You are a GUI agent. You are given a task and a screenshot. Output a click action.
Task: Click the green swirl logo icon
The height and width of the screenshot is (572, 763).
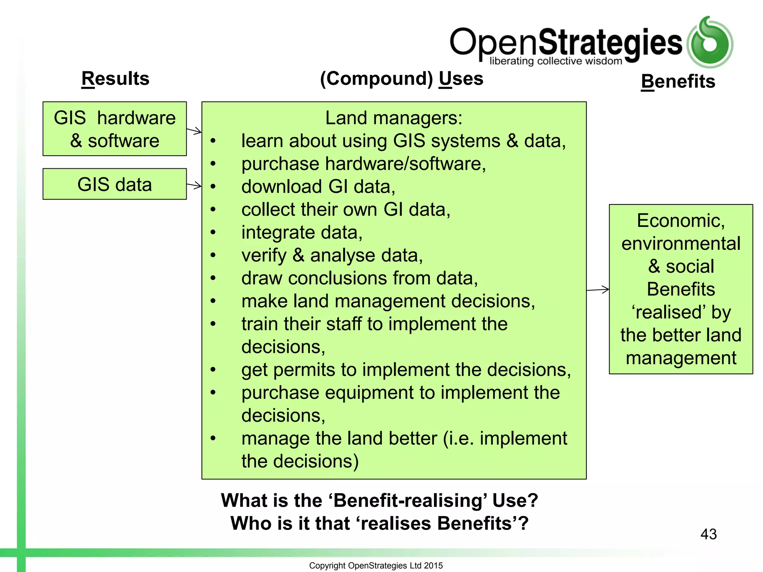710,42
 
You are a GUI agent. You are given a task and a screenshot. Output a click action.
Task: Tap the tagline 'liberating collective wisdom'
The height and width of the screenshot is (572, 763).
555,61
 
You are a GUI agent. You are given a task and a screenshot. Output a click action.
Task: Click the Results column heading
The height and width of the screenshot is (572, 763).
115,79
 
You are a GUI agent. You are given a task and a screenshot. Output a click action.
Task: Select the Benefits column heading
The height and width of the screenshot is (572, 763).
678,81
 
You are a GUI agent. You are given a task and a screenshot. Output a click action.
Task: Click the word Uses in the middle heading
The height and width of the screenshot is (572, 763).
461,79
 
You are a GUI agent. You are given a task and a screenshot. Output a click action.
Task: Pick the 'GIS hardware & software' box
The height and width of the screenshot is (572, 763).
115,129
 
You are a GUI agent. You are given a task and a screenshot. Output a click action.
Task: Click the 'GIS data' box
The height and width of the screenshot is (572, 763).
115,184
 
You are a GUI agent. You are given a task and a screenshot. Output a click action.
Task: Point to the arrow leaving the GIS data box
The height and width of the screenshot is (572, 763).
194,185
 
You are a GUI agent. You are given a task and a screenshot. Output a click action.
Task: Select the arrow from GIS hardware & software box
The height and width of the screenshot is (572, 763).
194,131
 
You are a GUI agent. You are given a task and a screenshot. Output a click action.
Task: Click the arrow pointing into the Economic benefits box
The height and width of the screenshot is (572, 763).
598,289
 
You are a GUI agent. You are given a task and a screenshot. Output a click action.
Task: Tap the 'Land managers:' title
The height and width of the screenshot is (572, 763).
394,118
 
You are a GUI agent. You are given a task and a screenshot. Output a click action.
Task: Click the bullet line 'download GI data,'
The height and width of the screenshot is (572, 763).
318,187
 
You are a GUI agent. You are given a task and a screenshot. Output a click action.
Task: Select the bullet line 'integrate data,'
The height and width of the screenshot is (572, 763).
302,232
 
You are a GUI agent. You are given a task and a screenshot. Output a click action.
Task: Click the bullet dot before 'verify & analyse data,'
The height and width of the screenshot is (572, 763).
213,255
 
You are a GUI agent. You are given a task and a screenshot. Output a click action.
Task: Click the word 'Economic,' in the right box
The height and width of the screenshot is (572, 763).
681,220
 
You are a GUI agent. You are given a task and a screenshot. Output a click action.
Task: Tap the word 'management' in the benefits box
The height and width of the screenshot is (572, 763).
681,358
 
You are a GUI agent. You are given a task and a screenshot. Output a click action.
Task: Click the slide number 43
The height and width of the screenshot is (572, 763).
708,534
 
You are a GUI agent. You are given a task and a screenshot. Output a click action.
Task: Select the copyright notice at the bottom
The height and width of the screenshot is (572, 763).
376,565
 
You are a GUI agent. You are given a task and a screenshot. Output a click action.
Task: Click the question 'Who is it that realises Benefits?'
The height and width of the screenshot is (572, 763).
379,523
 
